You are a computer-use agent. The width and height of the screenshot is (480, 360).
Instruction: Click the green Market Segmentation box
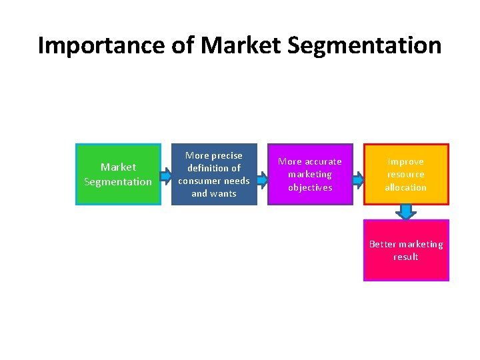coord(118,174)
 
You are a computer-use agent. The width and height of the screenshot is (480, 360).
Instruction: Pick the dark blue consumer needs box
coord(214,174)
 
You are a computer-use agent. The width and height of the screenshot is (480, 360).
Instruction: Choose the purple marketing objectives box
coord(310,174)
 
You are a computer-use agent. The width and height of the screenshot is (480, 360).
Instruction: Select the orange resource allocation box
coord(406,174)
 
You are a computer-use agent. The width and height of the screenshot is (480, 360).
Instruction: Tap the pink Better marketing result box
coord(406,250)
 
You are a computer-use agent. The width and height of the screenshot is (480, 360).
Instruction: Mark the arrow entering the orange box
coord(358,179)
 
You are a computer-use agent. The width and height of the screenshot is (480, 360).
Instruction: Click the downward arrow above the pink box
coord(405,211)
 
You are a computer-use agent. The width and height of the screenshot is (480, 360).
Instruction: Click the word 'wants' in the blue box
coord(223,193)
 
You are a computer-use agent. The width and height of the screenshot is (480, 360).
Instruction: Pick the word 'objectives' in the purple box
coord(310,187)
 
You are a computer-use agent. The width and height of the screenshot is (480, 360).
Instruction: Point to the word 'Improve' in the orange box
coord(405,161)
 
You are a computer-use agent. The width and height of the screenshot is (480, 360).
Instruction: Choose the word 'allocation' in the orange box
coord(405,187)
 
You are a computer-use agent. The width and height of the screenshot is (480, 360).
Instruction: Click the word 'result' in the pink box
coord(405,257)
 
